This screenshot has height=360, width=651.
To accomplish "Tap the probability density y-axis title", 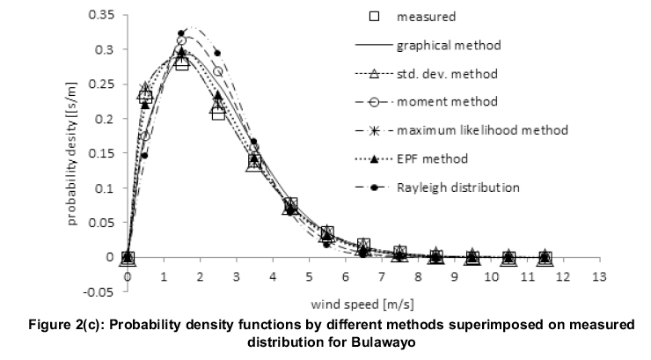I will [x=74, y=155].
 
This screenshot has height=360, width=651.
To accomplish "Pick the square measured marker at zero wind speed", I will [x=128, y=258].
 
